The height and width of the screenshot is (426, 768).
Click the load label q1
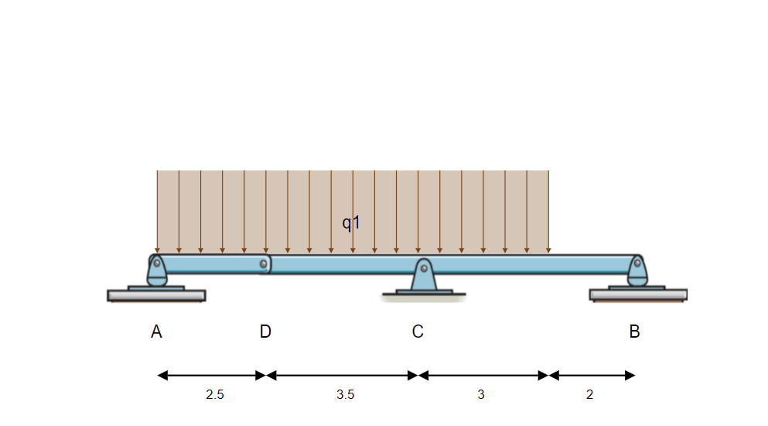352,223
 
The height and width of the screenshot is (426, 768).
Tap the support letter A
156,332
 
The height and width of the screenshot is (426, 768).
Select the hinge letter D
265,332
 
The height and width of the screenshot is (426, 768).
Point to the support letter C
418,332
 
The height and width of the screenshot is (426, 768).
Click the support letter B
634,332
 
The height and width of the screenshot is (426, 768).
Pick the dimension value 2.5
215,395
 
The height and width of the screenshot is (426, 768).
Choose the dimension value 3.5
346,395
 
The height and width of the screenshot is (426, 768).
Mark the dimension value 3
481,395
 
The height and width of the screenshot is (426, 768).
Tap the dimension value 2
589,395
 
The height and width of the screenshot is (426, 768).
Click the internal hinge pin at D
265,265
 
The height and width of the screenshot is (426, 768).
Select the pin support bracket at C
423,277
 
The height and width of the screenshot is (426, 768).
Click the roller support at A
157,270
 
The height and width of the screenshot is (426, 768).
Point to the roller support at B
637,270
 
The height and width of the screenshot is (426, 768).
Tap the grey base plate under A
156,295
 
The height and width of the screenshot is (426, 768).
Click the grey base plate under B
638,295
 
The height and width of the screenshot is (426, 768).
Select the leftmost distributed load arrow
157,211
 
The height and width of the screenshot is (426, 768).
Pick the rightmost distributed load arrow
548,211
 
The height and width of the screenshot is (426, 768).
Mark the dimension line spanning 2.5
211,376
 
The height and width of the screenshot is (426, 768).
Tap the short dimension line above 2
592,376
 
